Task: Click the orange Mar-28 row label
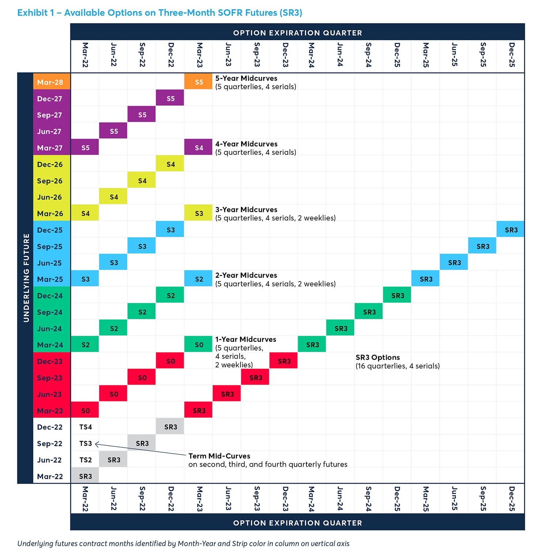[50, 82]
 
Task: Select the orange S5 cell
[199, 82]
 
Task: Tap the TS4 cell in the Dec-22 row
[86, 427]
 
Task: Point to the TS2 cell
[86, 460]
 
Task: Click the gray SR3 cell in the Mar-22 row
[86, 476]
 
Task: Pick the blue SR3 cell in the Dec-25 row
[511, 230]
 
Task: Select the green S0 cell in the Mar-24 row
[199, 345]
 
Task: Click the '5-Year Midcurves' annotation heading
[246, 78]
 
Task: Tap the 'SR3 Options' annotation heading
[378, 358]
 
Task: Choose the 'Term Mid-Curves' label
[219, 456]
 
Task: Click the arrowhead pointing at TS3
[97, 444]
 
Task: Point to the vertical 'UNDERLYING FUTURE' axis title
[26, 278]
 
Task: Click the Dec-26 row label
[50, 164]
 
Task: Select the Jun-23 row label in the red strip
[49, 394]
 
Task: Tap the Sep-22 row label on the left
[49, 443]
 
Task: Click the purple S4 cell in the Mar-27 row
[199, 148]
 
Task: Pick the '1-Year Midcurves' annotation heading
[246, 339]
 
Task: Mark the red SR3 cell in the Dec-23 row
[284, 361]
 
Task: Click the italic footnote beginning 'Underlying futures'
[183, 544]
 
